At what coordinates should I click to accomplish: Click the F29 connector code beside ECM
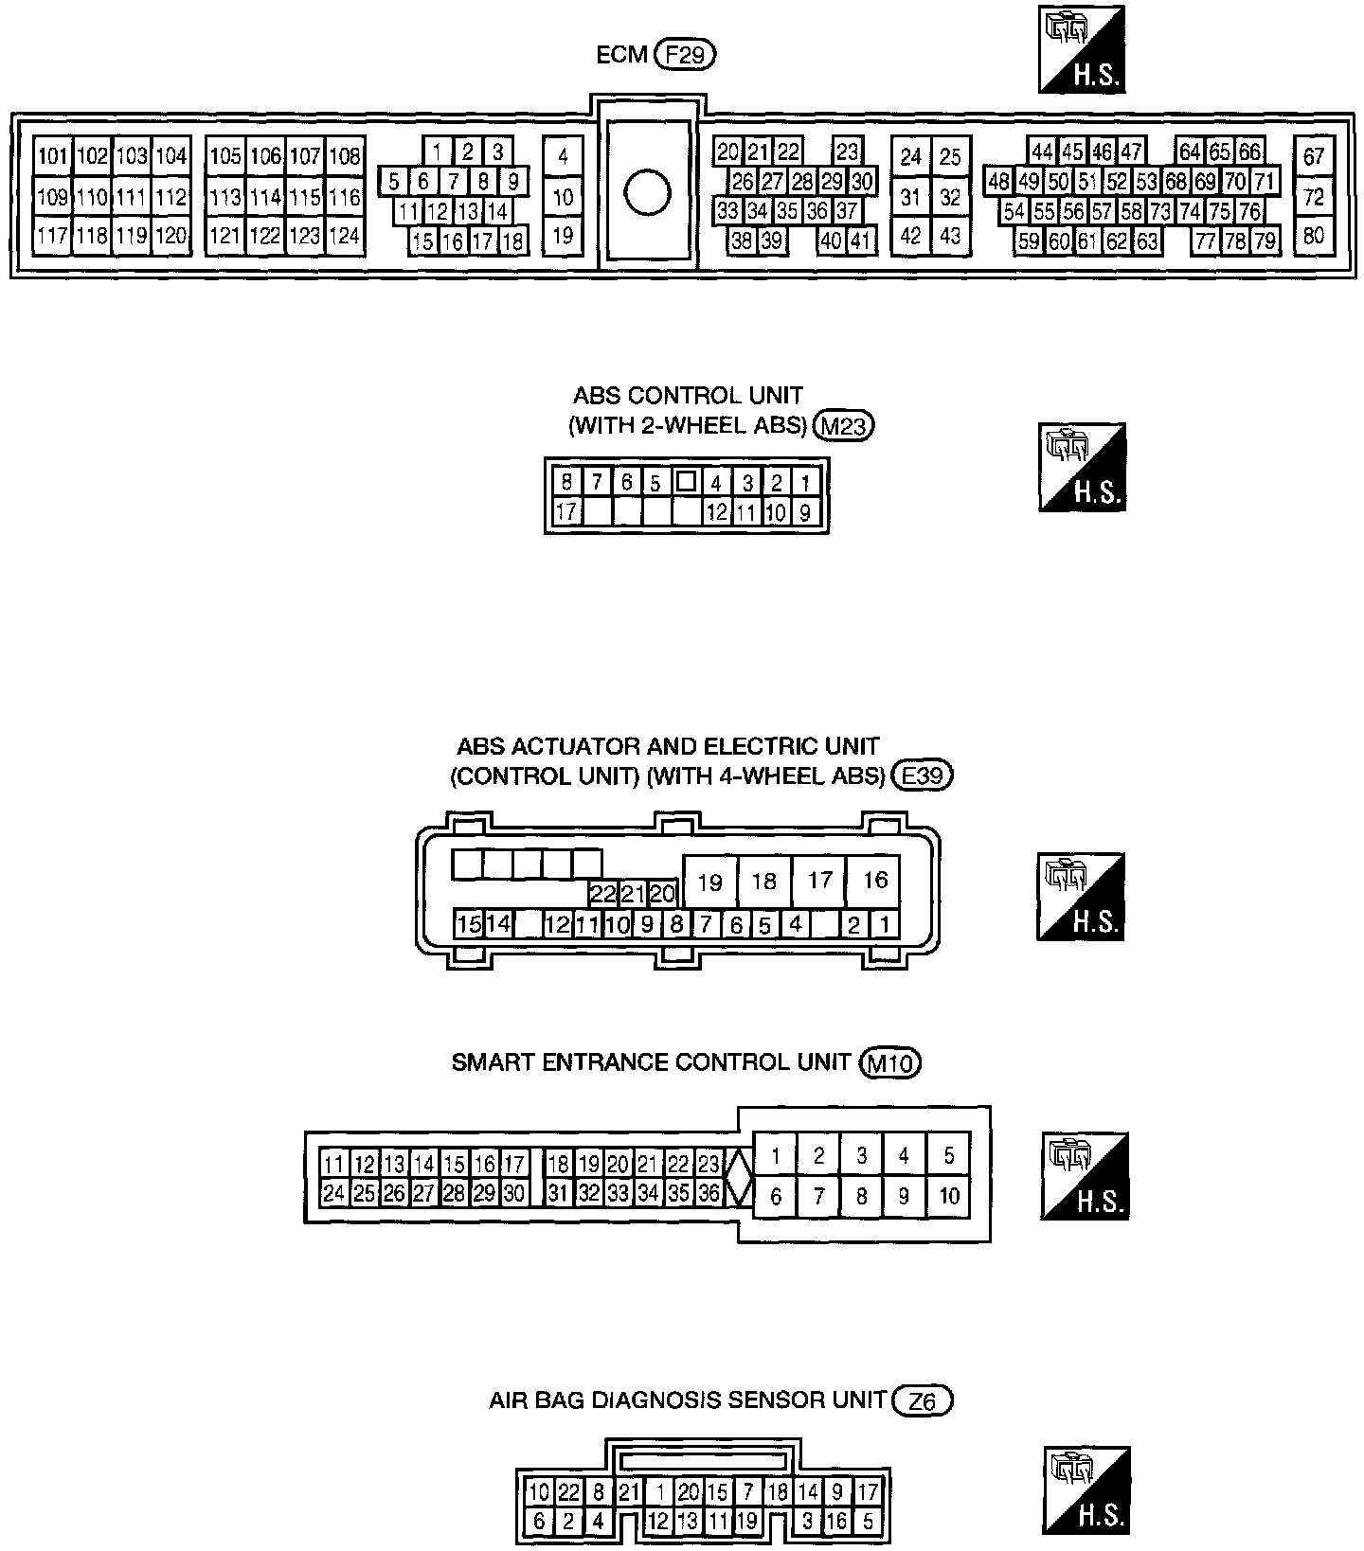click(685, 56)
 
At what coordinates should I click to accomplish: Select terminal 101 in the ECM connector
click(53, 156)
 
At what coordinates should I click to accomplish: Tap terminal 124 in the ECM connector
click(345, 235)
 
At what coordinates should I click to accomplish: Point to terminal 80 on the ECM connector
click(1313, 235)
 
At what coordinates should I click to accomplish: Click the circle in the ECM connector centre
click(648, 193)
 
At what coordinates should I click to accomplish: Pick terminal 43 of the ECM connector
click(950, 235)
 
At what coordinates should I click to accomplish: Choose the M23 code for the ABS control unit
click(844, 427)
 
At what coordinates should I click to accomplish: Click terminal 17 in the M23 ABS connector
click(566, 512)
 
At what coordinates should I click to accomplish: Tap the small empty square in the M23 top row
click(686, 482)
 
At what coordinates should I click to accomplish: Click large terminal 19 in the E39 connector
click(709, 882)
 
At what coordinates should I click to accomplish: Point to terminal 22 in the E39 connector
click(602, 894)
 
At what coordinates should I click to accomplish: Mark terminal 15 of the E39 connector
click(468, 924)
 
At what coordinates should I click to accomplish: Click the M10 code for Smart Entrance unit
click(890, 1063)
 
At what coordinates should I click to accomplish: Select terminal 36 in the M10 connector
click(709, 1194)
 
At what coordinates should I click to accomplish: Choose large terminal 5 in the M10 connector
click(948, 1155)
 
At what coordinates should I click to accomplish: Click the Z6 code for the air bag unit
click(923, 1400)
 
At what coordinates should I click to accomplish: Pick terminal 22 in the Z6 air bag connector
click(568, 1492)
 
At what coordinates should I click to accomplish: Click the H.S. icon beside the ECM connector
click(1082, 49)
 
